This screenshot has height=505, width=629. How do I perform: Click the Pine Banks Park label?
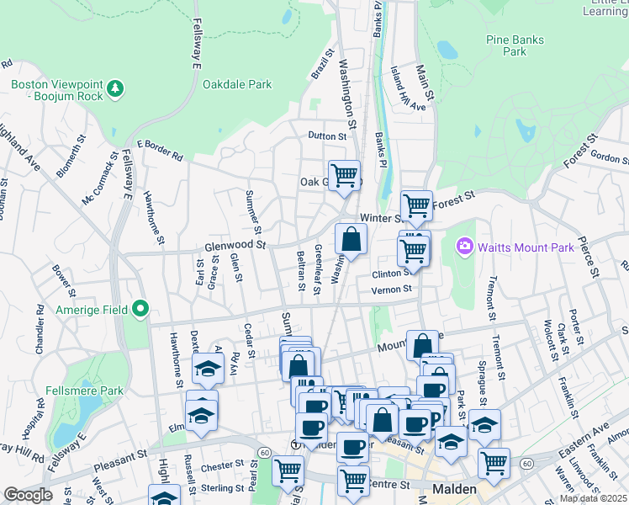tap(517, 45)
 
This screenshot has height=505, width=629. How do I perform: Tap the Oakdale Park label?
tap(237, 84)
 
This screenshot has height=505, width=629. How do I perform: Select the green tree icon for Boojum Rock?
tap(115, 88)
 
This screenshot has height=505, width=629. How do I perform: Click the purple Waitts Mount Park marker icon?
tap(463, 247)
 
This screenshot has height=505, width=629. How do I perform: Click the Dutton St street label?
tap(327, 136)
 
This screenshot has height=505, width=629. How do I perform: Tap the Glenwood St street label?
tap(235, 246)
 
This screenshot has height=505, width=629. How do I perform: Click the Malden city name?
tap(455, 489)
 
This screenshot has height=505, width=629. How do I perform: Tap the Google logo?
tap(28, 495)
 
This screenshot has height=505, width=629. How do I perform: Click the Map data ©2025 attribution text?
tap(593, 498)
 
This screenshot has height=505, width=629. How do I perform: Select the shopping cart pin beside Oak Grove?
tap(343, 176)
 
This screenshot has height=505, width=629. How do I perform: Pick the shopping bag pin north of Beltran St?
tap(351, 240)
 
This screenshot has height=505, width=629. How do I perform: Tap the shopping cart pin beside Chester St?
tap(288, 469)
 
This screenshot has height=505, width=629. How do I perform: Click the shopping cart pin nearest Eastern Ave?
tap(494, 461)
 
